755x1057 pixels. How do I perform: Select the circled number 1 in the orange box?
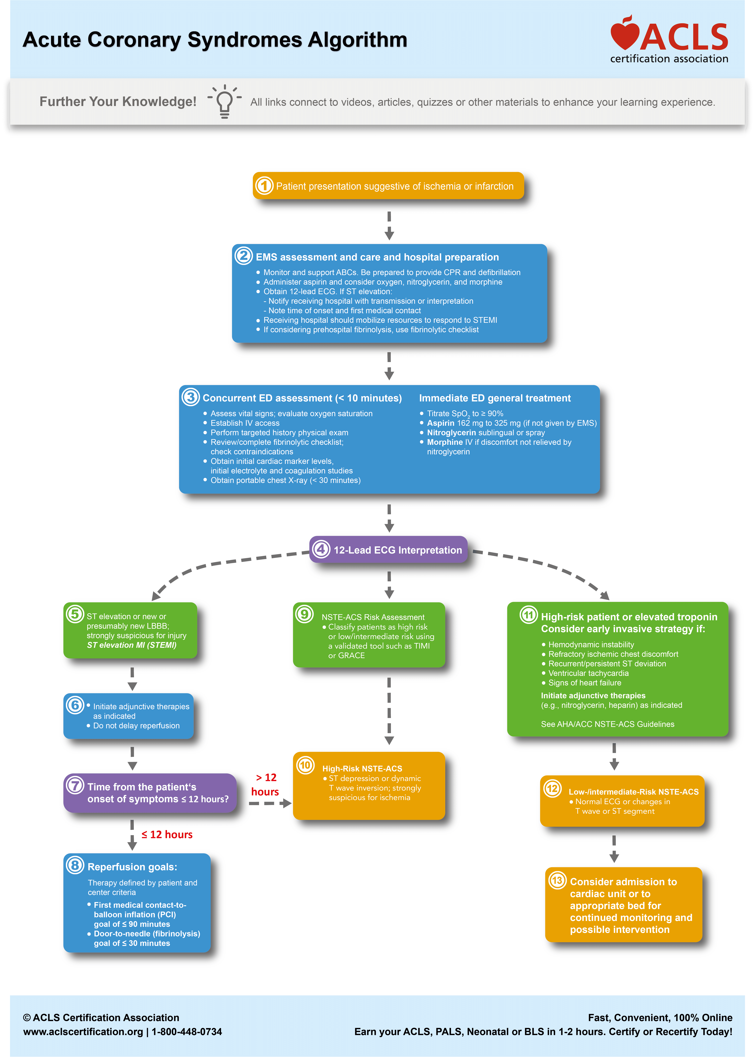[264, 186]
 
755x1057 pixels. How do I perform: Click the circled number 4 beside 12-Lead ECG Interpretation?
[321, 549]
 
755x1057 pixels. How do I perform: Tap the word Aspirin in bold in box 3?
[440, 423]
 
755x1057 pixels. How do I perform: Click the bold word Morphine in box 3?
[444, 442]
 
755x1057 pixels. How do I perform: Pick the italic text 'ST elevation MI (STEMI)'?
[132, 645]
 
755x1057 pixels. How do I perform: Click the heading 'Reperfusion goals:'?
[132, 867]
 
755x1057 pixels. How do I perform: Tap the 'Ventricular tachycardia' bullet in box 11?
[588, 673]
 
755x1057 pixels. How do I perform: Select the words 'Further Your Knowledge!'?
[118, 101]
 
